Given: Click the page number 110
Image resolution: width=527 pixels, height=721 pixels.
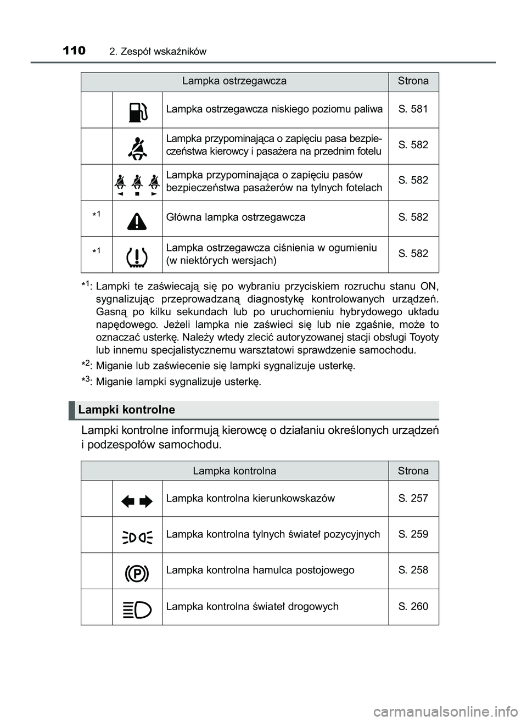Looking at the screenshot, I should tap(74, 51).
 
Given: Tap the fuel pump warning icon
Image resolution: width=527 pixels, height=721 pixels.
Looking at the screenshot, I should tap(137, 110).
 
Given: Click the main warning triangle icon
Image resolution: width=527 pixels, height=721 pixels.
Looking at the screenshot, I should tap(137, 219).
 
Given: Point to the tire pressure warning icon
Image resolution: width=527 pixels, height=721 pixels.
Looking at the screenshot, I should tap(137, 256).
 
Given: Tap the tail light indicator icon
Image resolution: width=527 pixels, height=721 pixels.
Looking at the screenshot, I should tap(137, 536).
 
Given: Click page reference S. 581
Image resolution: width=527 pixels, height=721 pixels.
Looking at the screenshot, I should tap(413, 109).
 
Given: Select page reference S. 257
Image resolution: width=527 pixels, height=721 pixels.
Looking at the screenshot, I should tap(413, 498).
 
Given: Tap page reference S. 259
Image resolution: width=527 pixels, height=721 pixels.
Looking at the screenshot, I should tap(413, 534).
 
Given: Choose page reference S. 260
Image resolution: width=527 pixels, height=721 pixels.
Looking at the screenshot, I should tap(413, 606).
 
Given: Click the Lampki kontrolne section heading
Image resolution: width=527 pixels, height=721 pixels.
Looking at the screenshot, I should tap(127, 410).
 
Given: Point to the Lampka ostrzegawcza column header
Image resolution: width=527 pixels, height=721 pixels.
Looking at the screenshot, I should tap(234, 81).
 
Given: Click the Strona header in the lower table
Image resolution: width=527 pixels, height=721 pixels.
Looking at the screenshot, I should tap(413, 471).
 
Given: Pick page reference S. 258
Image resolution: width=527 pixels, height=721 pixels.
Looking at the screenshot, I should tap(413, 570).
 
